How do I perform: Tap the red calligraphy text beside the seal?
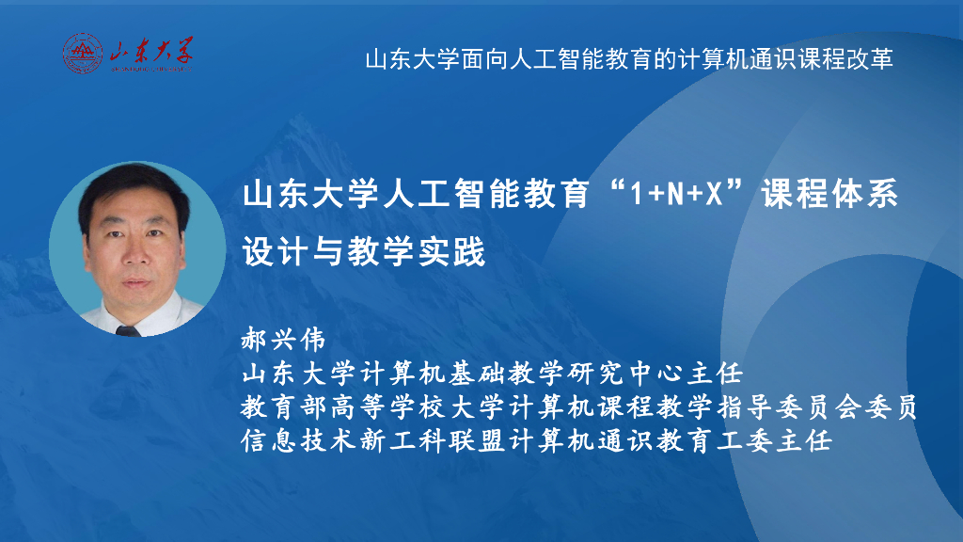(x=150, y=53)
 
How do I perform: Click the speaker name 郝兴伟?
(x=283, y=340)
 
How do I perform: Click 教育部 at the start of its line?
(x=281, y=407)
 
